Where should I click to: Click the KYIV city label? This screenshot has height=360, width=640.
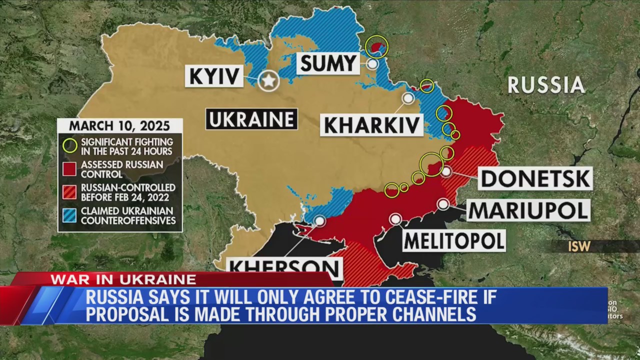pos(214,76)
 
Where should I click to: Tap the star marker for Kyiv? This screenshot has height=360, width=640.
pos(269,80)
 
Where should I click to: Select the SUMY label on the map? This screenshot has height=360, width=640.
pos(328,63)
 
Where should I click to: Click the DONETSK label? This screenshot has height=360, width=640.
pos(535,178)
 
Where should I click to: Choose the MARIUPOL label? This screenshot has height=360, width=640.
pos(528,210)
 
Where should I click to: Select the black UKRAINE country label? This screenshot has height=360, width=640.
pos(251,119)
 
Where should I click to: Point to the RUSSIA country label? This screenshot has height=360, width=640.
pos(546,85)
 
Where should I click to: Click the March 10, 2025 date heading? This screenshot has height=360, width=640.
pos(119,125)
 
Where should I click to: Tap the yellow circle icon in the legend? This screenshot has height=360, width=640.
pos(70,145)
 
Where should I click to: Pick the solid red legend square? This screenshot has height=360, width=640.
pos(70,169)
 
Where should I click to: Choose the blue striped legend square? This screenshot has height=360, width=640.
pos(70,215)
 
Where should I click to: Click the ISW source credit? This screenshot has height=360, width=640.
pos(579,246)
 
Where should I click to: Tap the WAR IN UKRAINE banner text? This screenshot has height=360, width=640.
pos(123,279)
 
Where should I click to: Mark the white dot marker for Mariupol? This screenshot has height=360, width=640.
pos(443,204)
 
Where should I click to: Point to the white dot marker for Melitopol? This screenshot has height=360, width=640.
pos(395,219)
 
